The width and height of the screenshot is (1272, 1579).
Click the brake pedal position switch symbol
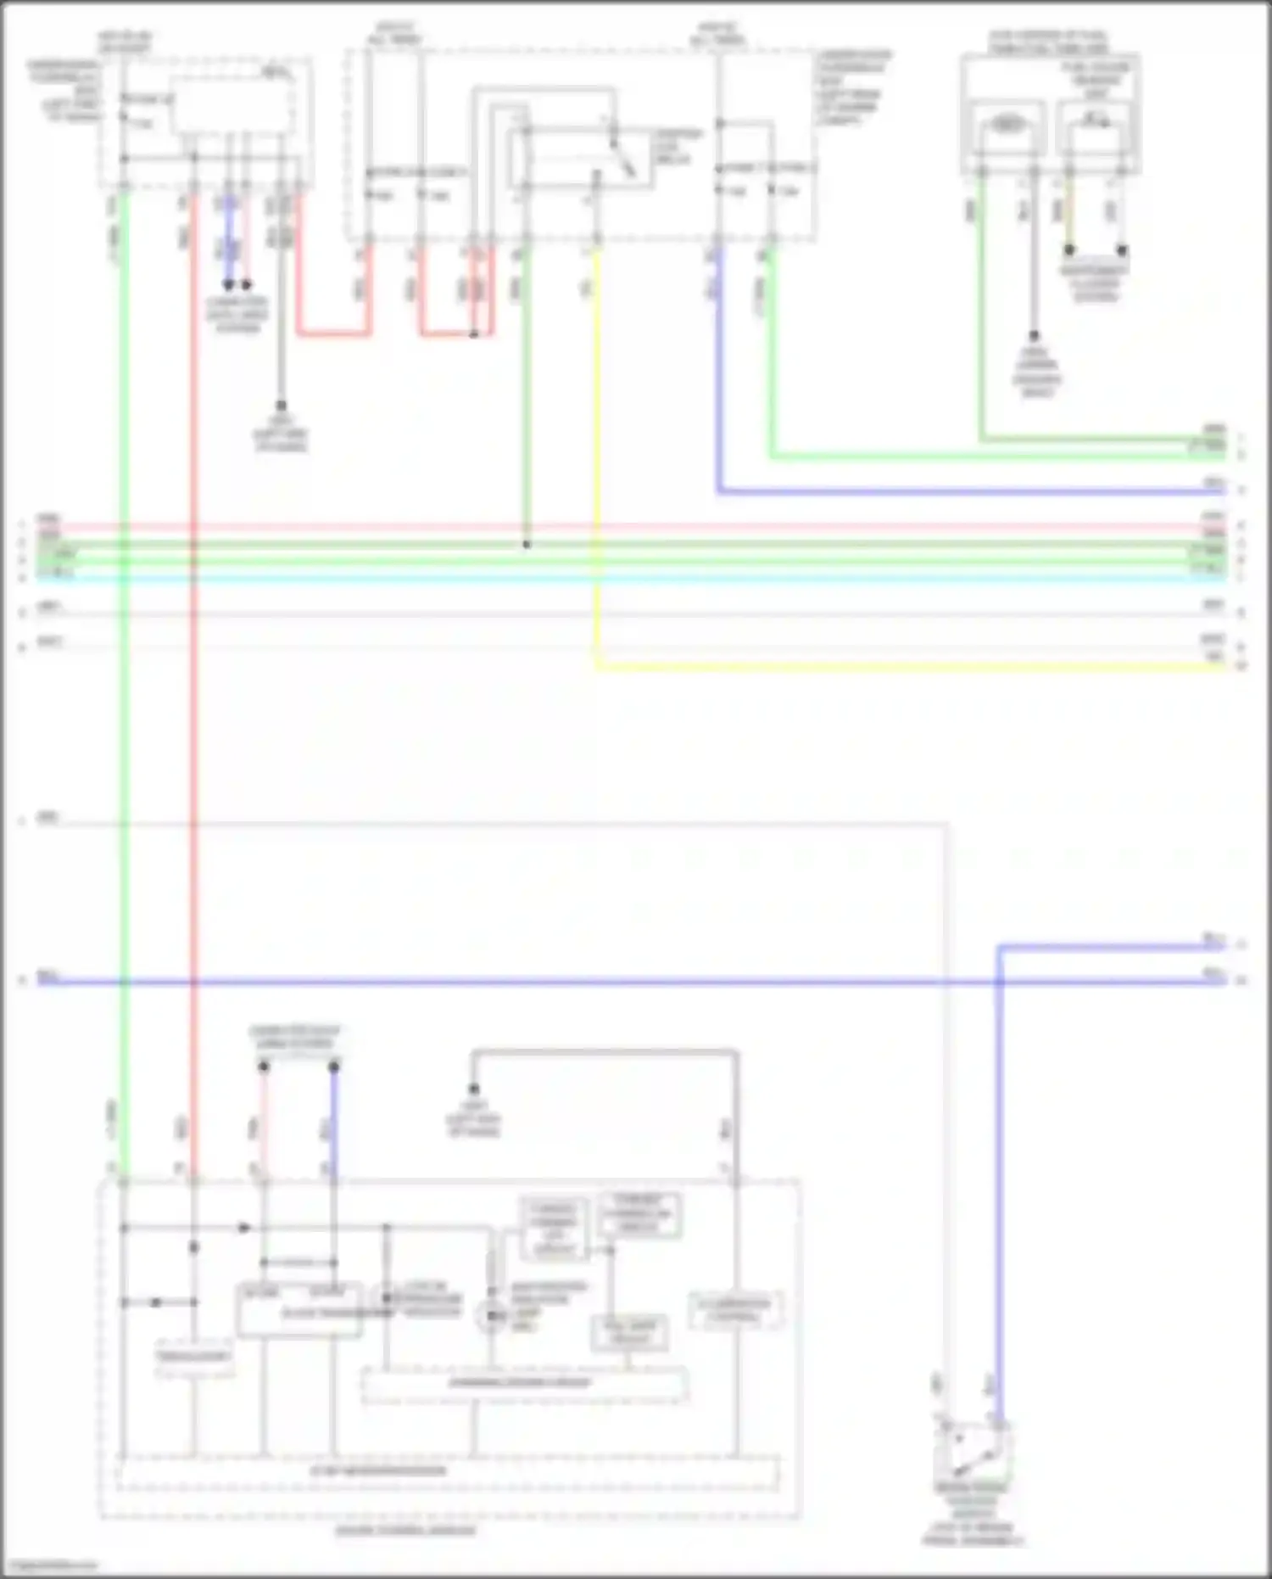pyautogui.click(x=971, y=1450)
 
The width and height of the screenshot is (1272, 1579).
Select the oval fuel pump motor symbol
pyautogui.click(x=1007, y=125)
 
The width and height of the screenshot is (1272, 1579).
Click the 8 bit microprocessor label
pyautogui.click(x=378, y=1470)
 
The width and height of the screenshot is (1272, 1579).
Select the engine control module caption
pyautogui.click(x=405, y=1530)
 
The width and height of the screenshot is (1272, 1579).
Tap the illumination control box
pyautogui.click(x=734, y=1311)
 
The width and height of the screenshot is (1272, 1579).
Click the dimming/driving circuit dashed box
pyautogui.click(x=523, y=1384)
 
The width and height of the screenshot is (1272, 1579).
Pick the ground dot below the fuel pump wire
pyautogui.click(x=1034, y=336)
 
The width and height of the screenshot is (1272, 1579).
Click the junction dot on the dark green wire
pyautogui.click(x=526, y=545)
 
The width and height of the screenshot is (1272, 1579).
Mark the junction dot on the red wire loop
pyautogui.click(x=474, y=334)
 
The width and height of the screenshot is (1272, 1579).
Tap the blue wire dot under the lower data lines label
pyautogui.click(x=334, y=1067)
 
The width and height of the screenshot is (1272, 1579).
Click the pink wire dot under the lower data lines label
pyautogui.click(x=264, y=1067)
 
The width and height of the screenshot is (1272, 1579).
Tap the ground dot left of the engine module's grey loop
pyautogui.click(x=474, y=1089)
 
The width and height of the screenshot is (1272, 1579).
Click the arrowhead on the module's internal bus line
pyautogui.click(x=244, y=1228)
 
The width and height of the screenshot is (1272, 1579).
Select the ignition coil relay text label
pyautogui.click(x=678, y=147)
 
